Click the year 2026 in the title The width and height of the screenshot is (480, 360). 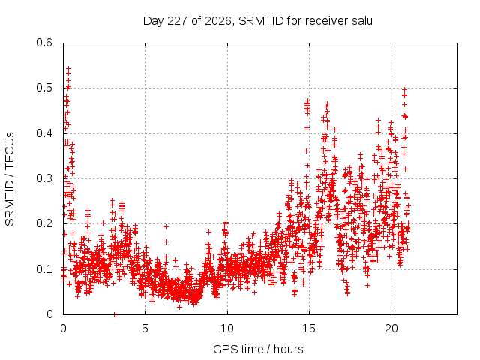217,21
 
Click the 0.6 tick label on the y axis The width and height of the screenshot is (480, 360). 44,43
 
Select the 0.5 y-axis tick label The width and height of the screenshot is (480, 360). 44,88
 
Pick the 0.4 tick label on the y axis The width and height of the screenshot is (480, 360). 44,133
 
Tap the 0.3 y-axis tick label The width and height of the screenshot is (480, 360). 44,178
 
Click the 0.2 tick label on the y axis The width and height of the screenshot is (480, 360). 44,223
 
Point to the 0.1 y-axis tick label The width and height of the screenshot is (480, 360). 44,269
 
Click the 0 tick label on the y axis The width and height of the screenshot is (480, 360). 50,314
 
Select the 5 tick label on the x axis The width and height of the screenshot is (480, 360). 145,328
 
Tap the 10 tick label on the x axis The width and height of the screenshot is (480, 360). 227,328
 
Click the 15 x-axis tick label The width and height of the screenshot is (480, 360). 309,328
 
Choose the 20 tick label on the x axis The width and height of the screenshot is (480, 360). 391,328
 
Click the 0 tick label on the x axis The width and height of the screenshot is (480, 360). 63,328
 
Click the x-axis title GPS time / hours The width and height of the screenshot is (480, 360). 258,349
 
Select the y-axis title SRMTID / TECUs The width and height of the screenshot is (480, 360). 10,179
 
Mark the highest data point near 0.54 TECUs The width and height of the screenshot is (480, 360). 68,68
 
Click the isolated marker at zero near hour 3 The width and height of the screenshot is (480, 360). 115,314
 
